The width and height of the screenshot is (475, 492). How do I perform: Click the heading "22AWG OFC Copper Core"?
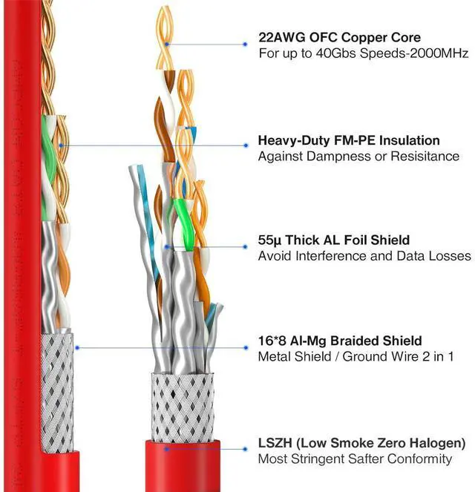(x=338, y=37)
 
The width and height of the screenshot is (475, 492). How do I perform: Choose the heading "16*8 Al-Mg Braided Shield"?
(x=339, y=341)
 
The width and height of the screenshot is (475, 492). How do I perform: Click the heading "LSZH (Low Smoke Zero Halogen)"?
(x=361, y=443)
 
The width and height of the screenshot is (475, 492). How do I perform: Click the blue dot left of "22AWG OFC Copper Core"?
(x=245, y=44)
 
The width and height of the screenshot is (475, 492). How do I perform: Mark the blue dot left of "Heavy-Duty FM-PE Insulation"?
(x=245, y=145)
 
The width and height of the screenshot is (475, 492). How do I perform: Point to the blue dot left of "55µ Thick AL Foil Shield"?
(x=245, y=246)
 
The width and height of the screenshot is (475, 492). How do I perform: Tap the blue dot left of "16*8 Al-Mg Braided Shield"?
(x=245, y=347)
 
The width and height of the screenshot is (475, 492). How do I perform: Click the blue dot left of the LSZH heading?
(x=245, y=448)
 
